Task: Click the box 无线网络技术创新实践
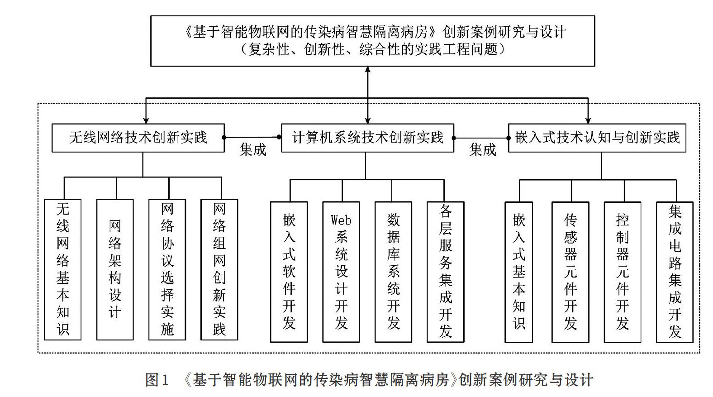pos(138,138)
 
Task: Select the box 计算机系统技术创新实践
pos(368,138)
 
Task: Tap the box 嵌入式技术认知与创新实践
pos(597,138)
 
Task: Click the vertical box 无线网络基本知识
pos(63,269)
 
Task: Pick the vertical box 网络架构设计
pos(115,269)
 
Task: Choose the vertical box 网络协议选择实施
pos(167,269)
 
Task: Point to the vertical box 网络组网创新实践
pos(219,269)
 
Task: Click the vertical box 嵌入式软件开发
pos(289,272)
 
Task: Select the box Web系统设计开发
pos(341,272)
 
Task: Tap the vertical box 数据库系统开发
pos(394,272)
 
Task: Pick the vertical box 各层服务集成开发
pos(446,272)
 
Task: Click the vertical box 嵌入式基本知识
pos(519,272)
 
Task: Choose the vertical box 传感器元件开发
pos(570,272)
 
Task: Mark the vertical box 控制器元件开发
pos(623,272)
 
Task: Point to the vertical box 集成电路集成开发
pos(675,272)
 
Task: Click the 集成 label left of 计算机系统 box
pos(253,150)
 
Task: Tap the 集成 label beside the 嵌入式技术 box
pos(483,150)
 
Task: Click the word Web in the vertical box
pos(341,220)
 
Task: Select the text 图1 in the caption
pos(157,380)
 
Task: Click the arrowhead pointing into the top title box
pos(368,69)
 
